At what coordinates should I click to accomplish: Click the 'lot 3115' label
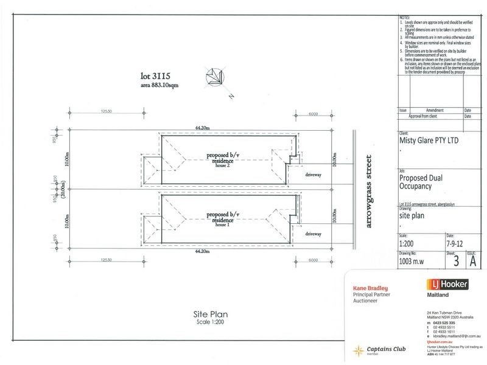pyautogui.click(x=155, y=77)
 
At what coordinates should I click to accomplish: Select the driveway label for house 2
pyautogui.click(x=312, y=174)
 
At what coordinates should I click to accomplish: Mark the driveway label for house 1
pyautogui.click(x=313, y=233)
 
